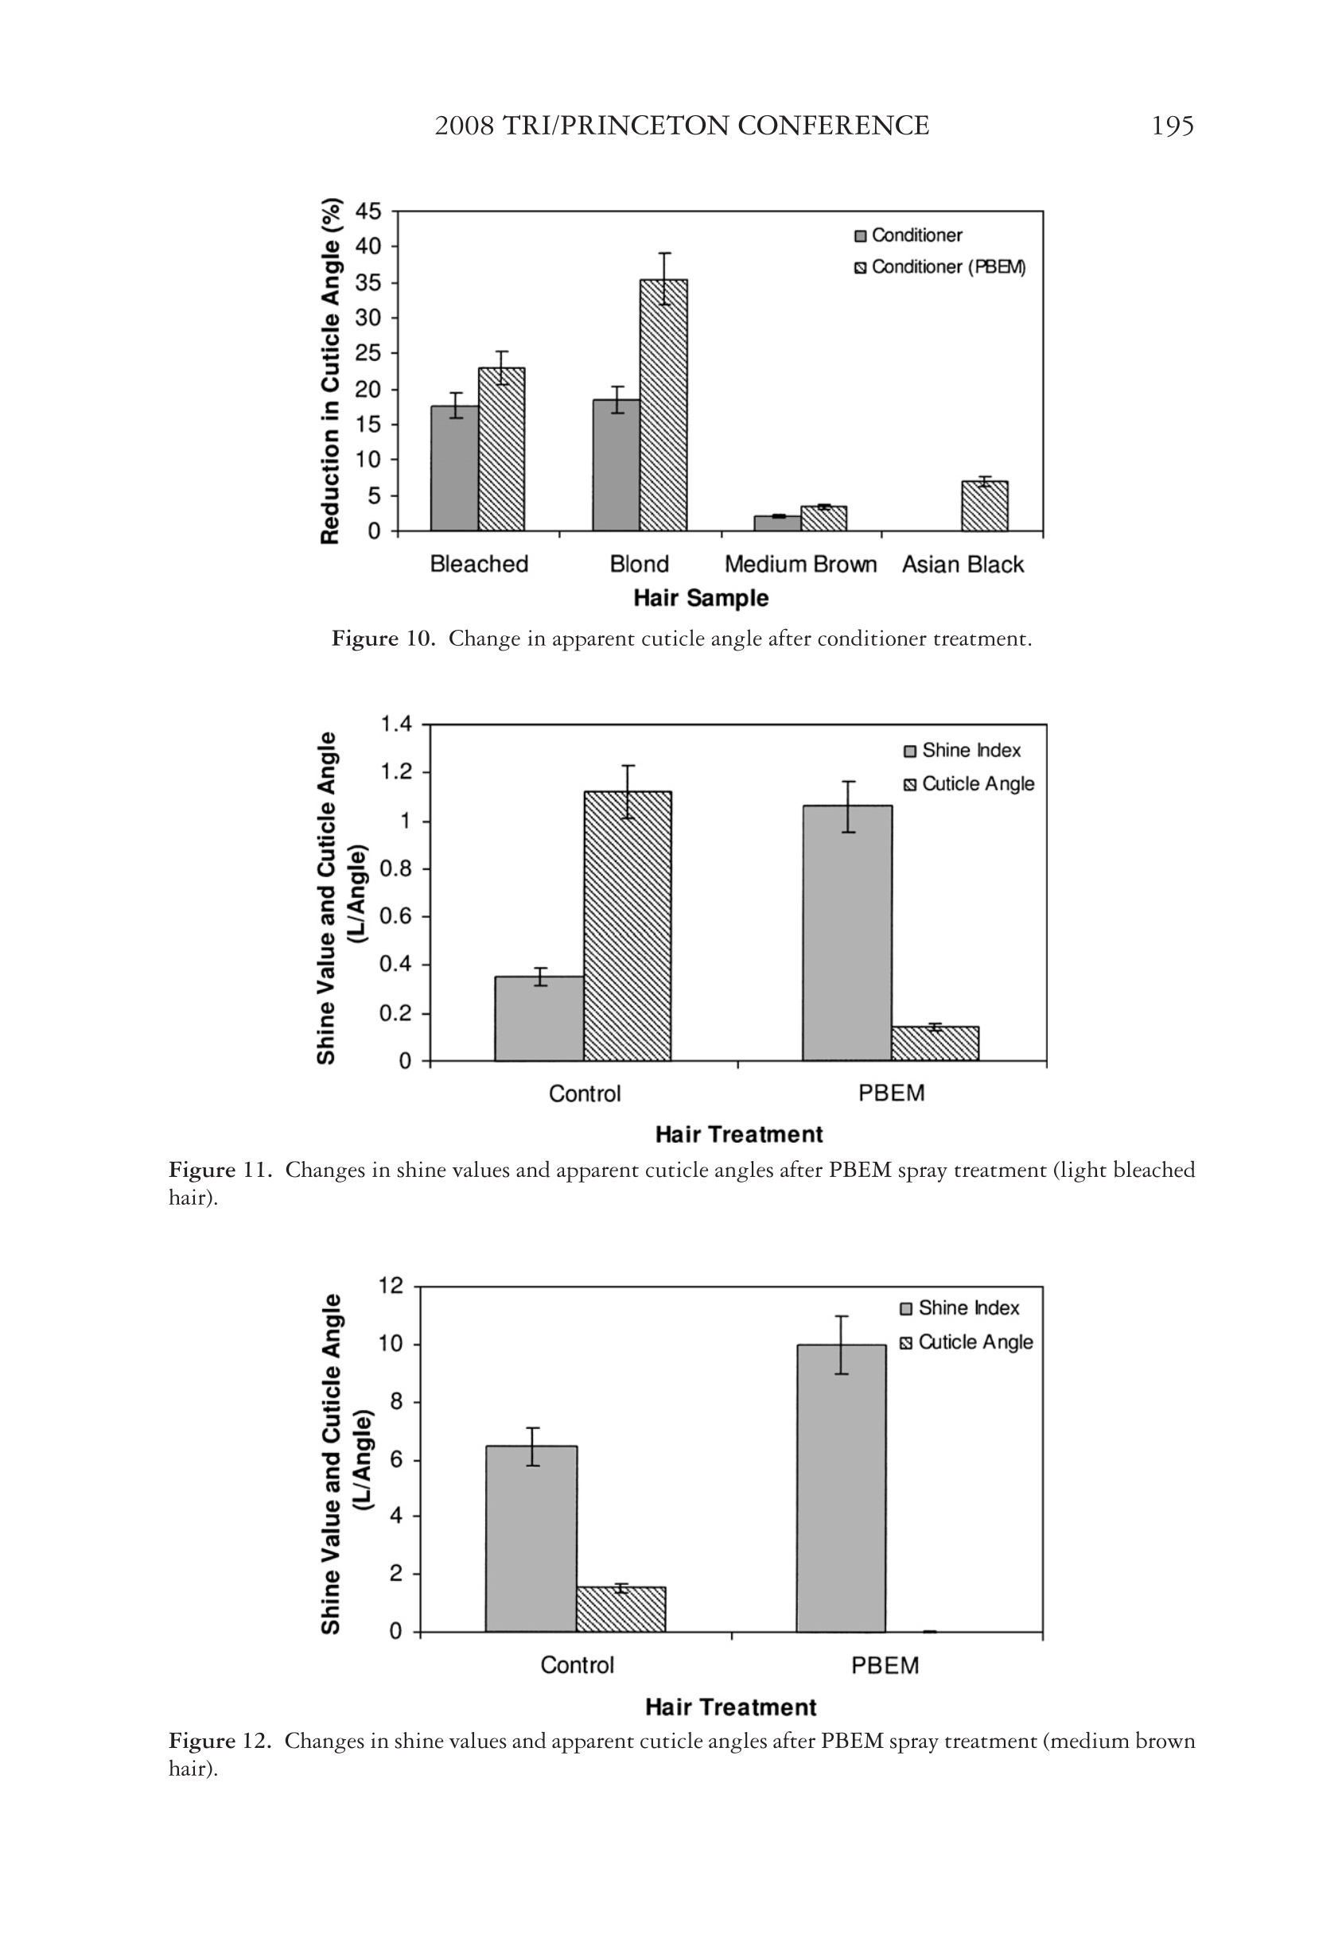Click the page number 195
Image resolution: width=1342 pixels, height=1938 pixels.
pos(1172,126)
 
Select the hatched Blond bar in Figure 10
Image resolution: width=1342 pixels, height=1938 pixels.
pos(663,405)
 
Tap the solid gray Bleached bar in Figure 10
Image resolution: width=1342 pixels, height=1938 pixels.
pos(454,468)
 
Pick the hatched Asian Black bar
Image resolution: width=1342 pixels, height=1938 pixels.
pos(985,506)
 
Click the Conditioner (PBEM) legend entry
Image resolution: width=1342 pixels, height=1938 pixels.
pos(939,267)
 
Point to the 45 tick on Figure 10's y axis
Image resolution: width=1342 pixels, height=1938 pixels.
pos(369,211)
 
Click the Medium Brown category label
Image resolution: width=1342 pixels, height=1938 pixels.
pos(800,564)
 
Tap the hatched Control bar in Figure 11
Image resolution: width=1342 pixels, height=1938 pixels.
pos(628,926)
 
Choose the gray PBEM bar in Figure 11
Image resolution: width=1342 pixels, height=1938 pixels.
pos(846,933)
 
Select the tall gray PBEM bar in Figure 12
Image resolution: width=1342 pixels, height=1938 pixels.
pos(841,1488)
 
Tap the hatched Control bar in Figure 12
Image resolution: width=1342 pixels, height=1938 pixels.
pos(620,1610)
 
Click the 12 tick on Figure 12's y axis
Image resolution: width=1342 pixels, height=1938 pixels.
pos(391,1287)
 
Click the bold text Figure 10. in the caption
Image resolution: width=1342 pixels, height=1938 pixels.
pos(383,639)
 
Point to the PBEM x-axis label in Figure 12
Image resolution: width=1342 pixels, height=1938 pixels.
pos(885,1666)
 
